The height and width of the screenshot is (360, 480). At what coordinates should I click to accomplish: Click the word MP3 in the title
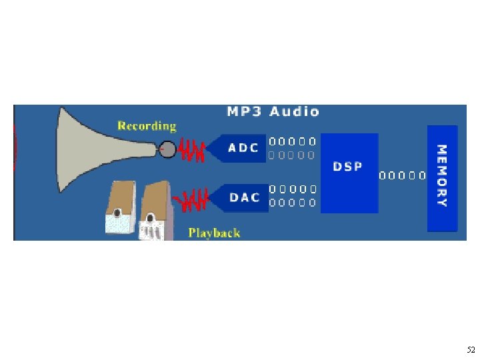point(245,112)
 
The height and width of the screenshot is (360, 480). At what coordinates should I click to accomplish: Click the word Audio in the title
point(294,112)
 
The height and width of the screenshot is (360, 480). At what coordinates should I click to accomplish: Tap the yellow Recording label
point(147,125)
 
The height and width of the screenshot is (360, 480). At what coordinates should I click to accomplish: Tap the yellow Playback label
point(214,233)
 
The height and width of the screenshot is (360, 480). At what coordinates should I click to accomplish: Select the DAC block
point(241,197)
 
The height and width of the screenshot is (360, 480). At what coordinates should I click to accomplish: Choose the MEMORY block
point(442,177)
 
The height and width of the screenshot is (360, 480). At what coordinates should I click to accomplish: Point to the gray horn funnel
point(100,143)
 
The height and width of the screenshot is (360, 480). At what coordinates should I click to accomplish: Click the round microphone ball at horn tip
point(168,150)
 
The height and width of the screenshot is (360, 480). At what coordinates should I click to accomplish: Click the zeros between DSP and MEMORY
point(402,177)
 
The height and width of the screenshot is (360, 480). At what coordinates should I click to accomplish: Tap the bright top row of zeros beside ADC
point(292,141)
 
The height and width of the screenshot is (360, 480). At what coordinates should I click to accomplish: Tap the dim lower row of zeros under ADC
point(292,155)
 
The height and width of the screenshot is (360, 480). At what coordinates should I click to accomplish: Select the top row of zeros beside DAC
point(292,189)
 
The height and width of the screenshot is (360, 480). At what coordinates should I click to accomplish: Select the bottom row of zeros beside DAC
point(292,202)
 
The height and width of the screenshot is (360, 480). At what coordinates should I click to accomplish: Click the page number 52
point(471,350)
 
